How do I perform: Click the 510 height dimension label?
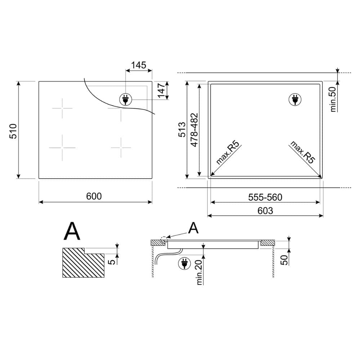pyautogui.click(x=13, y=131)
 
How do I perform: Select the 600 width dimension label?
pyautogui.click(x=94, y=196)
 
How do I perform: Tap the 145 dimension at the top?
pyautogui.click(x=139, y=65)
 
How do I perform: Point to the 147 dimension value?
pyautogui.click(x=162, y=90)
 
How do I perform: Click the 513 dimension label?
pyautogui.click(x=182, y=130)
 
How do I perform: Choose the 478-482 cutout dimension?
pyautogui.click(x=194, y=130)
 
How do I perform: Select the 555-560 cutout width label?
pyautogui.click(x=265, y=197)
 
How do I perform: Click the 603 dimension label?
pyautogui.click(x=265, y=211)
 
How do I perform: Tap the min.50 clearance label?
pyautogui.click(x=333, y=99)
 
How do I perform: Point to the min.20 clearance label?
pyautogui.click(x=199, y=272)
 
